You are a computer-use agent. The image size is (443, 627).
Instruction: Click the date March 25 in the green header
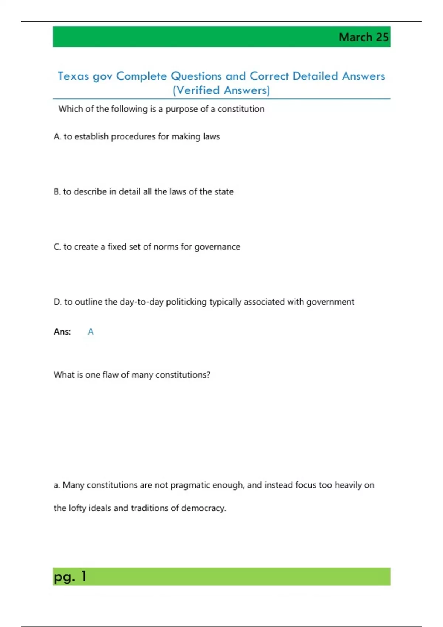[x=363, y=37]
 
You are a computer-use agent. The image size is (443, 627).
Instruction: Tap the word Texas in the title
[x=73, y=76]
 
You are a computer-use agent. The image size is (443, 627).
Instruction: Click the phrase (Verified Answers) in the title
[x=221, y=90]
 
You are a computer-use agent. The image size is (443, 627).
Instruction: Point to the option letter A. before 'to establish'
[x=57, y=137]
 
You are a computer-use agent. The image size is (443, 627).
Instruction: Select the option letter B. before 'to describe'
[x=57, y=192]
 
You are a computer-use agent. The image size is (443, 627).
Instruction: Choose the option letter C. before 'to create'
[x=57, y=247]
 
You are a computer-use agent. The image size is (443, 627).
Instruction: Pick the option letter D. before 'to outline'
[x=58, y=302]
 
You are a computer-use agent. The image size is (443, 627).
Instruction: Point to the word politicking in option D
[x=186, y=302]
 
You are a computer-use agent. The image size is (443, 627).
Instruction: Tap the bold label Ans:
[x=62, y=332]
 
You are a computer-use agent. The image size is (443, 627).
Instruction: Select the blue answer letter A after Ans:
[x=90, y=332]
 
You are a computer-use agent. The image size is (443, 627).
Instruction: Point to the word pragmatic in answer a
[x=192, y=485]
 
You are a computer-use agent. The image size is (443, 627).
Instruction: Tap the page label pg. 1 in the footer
[x=70, y=576]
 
